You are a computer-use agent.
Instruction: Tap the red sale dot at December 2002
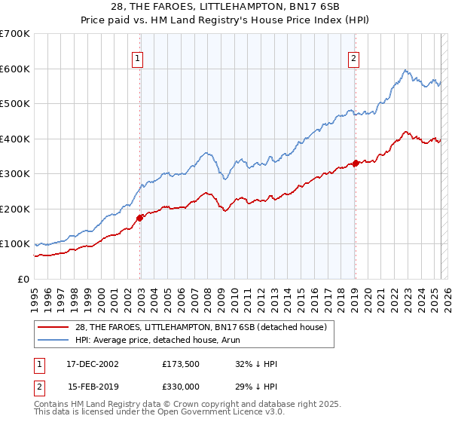point(140,218)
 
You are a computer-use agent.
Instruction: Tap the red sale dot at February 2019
point(356,163)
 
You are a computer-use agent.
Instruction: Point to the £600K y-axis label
point(15,69)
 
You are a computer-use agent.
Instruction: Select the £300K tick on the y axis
point(15,174)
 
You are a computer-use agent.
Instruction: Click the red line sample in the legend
point(54,327)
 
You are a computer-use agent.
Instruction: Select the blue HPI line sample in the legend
point(54,341)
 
